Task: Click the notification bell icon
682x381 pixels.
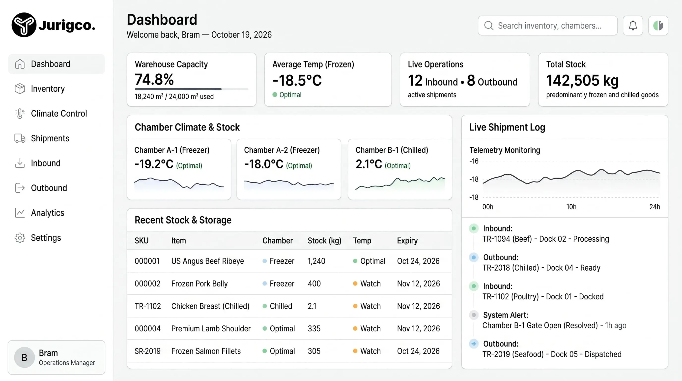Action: click(x=633, y=26)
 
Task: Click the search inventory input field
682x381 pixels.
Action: click(x=547, y=26)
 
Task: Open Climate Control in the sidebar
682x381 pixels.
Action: click(x=59, y=113)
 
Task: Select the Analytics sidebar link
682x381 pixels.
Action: click(x=48, y=213)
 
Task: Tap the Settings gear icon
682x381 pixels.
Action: click(x=20, y=238)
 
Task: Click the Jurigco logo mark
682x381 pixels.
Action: click(x=24, y=25)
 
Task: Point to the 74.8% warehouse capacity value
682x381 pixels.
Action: click(x=154, y=79)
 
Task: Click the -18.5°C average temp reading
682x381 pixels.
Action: click(x=297, y=80)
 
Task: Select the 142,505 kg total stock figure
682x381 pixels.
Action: click(x=582, y=80)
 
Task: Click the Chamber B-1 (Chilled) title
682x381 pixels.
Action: click(x=392, y=150)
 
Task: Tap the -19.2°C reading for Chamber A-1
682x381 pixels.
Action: click(x=154, y=164)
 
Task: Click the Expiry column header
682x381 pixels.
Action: click(x=407, y=241)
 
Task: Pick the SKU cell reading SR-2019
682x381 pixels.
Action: click(x=147, y=351)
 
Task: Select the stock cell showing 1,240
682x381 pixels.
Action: click(x=316, y=261)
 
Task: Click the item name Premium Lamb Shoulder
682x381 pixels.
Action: click(x=211, y=329)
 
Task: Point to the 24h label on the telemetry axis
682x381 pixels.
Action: click(x=655, y=207)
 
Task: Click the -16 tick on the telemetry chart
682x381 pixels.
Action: click(x=474, y=161)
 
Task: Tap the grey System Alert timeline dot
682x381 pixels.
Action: click(x=474, y=315)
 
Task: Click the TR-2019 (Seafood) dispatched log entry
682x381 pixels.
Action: click(x=552, y=354)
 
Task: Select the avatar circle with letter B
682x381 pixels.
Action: click(x=24, y=357)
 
